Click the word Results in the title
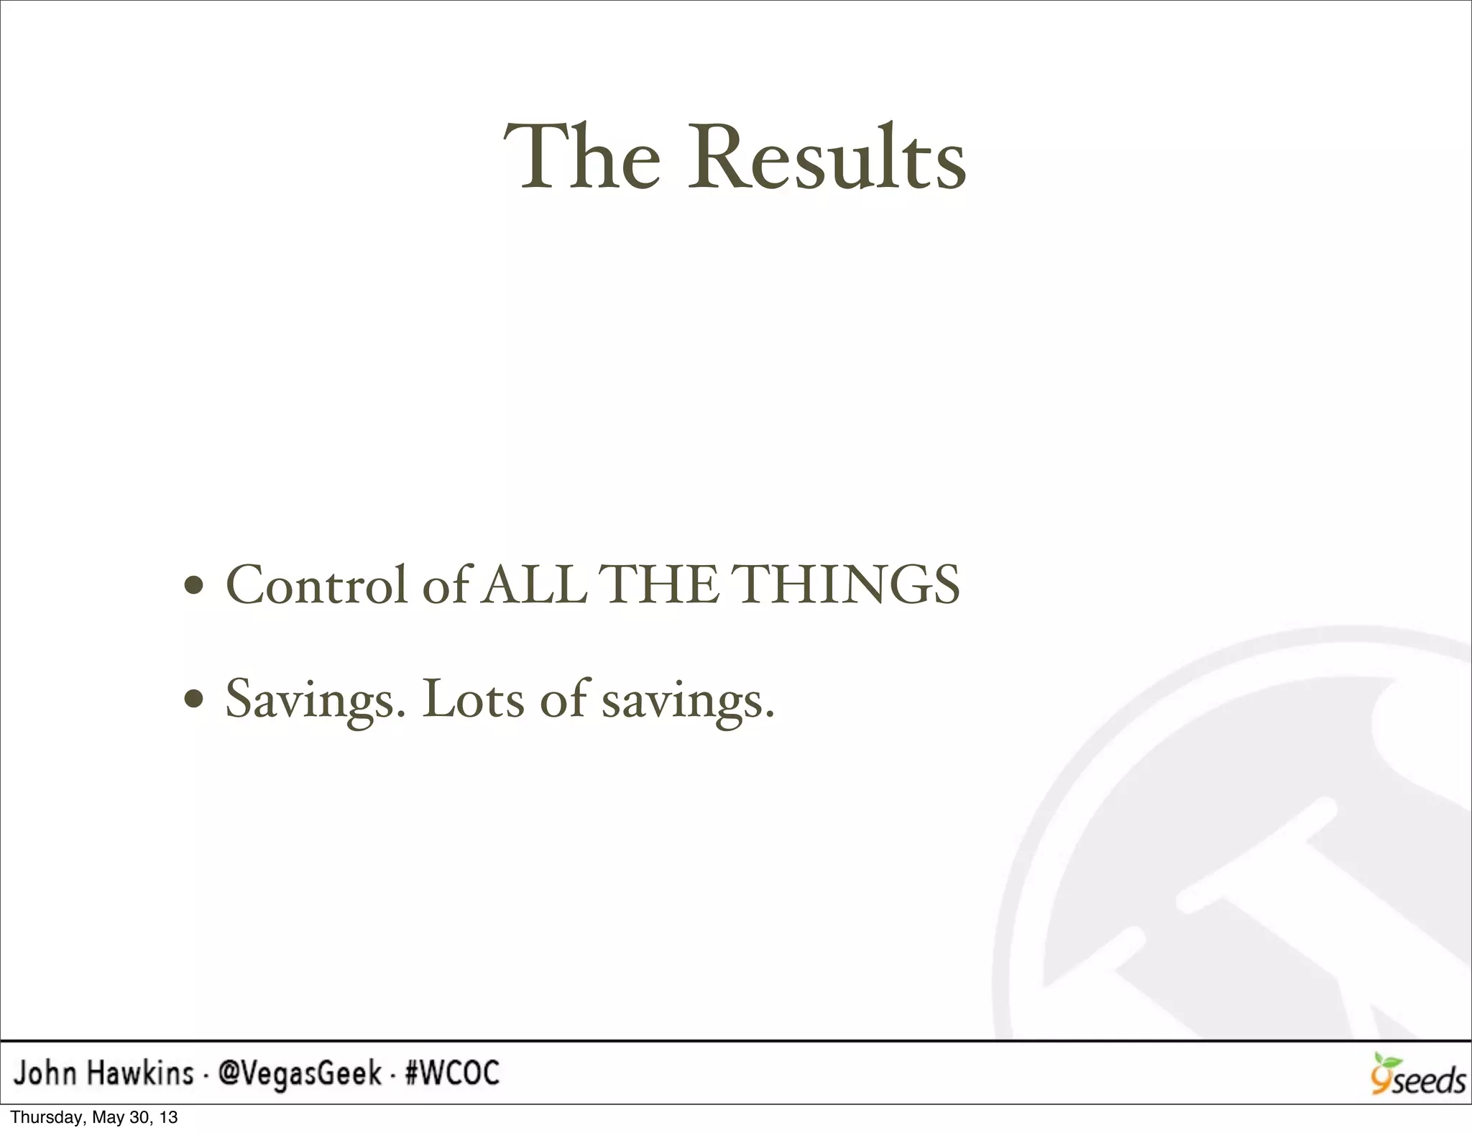[x=827, y=158]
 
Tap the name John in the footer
[x=45, y=1074]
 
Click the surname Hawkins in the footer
[x=140, y=1074]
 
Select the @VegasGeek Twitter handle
[x=300, y=1075]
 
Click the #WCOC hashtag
[x=452, y=1074]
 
